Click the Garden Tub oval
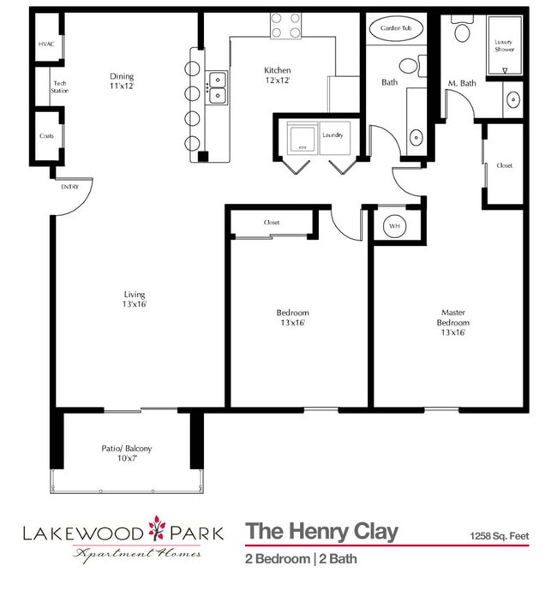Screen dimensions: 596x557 [x=396, y=29]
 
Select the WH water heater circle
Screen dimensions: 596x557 [x=394, y=226]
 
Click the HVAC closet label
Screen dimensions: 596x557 [x=45, y=44]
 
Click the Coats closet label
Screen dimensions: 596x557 [x=46, y=135]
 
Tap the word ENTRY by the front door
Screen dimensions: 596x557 [x=69, y=186]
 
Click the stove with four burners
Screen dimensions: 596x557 [x=287, y=26]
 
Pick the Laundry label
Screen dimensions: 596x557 [x=332, y=135]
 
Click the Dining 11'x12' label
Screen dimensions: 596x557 [x=121, y=80]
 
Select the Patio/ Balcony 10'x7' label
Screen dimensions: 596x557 [x=126, y=454]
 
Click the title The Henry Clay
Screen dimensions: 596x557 [x=321, y=532]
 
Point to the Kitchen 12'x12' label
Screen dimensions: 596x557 [x=277, y=75]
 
